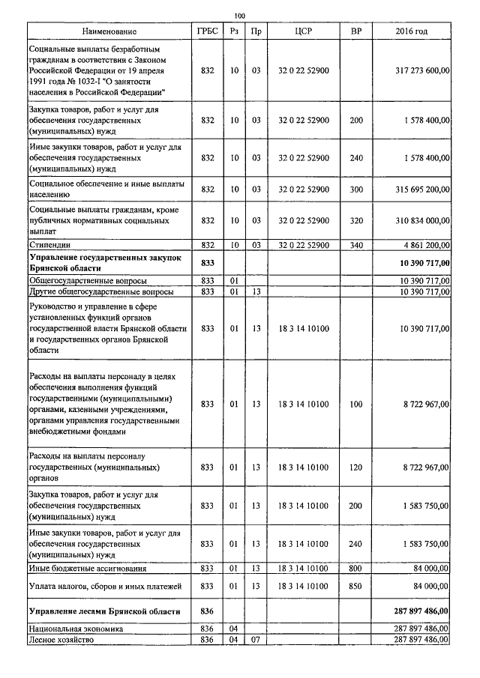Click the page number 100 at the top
coord(240,16)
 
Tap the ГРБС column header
coord(208,31)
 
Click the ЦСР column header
coord(303,31)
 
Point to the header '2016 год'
coord(411,31)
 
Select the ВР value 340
coord(355,245)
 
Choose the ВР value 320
coord(355,221)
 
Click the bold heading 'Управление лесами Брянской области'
coord(104,611)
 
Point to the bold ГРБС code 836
coord(208,611)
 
